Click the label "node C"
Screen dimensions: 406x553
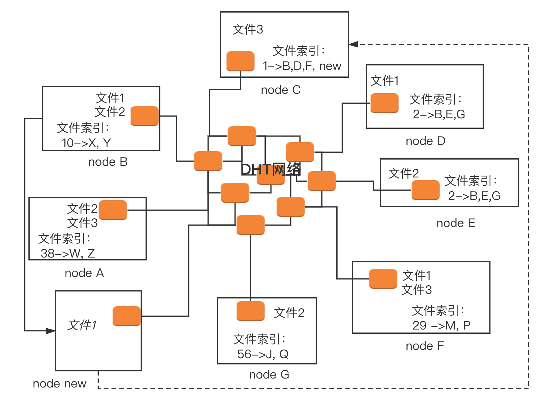pyautogui.click(x=281, y=90)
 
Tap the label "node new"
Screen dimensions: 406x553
pyautogui.click(x=60, y=384)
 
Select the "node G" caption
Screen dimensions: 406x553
pyautogui.click(x=269, y=375)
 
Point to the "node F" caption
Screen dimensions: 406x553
pyautogui.click(x=425, y=346)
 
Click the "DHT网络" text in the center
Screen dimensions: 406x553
pyautogui.click(x=271, y=169)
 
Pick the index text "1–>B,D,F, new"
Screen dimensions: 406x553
pyautogui.click(x=302, y=66)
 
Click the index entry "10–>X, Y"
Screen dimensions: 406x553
pyautogui.click(x=86, y=143)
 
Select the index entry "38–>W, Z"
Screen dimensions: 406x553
pyautogui.click(x=68, y=253)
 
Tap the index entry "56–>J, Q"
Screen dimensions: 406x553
pyautogui.click(x=263, y=354)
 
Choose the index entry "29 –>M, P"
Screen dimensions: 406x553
pyautogui.click(x=441, y=325)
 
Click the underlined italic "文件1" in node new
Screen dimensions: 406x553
pyautogui.click(x=82, y=325)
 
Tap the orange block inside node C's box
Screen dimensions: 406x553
pyautogui.click(x=240, y=61)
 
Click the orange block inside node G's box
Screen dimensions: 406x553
pyautogui.click(x=250, y=311)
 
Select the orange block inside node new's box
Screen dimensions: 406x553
pyautogui.click(x=127, y=316)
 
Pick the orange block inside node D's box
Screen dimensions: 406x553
pyautogui.click(x=384, y=103)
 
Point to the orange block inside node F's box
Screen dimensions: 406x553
pyautogui.click(x=383, y=279)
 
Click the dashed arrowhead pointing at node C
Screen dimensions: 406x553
pyautogui.click(x=354, y=45)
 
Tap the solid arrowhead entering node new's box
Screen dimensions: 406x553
pyautogui.click(x=50, y=331)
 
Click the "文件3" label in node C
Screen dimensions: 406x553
pyautogui.click(x=247, y=30)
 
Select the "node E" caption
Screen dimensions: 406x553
pyautogui.click(x=456, y=223)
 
